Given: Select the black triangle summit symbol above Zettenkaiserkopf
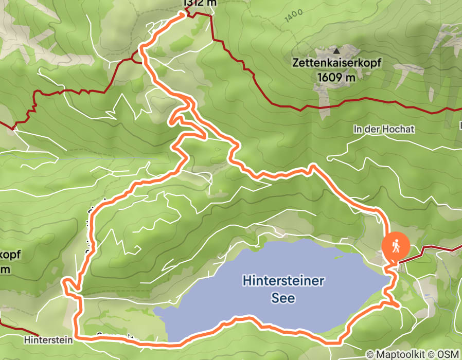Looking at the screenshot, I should pyautogui.click(x=336, y=51).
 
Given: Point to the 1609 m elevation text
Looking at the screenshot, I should pyautogui.click(x=336, y=77).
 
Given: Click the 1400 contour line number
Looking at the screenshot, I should pyautogui.click(x=292, y=16).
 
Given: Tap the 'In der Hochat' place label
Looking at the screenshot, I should pyautogui.click(x=384, y=129).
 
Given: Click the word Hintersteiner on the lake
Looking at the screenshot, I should pyautogui.click(x=283, y=281).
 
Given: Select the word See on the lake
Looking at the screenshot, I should pyautogui.click(x=283, y=298).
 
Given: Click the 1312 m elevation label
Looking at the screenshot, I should pyautogui.click(x=200, y=3).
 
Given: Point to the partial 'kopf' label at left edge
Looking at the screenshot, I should pyautogui.click(x=6, y=255).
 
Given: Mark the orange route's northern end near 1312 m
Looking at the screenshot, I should pyautogui.click(x=183, y=14).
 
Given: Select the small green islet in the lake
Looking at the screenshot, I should pyautogui.click(x=339, y=256).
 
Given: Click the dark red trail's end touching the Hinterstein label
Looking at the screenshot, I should pyautogui.click(x=36, y=335).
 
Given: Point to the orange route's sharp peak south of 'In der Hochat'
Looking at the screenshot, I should pyautogui.click(x=312, y=166).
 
